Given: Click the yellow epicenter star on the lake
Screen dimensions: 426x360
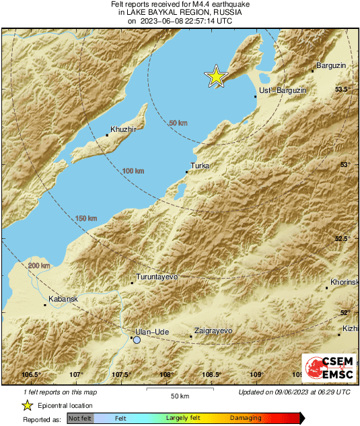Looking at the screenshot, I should coord(216,77).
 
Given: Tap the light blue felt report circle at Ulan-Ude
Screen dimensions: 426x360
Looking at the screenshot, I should coord(137,341).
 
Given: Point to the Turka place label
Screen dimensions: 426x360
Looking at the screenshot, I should coord(200,166).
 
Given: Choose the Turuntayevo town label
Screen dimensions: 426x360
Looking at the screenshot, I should coord(156,277).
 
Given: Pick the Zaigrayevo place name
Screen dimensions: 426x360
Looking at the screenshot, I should coord(213,330).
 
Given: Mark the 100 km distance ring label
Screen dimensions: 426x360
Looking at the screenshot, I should coord(133,172).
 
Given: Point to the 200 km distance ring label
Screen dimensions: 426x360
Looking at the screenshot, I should coord(40,267).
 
